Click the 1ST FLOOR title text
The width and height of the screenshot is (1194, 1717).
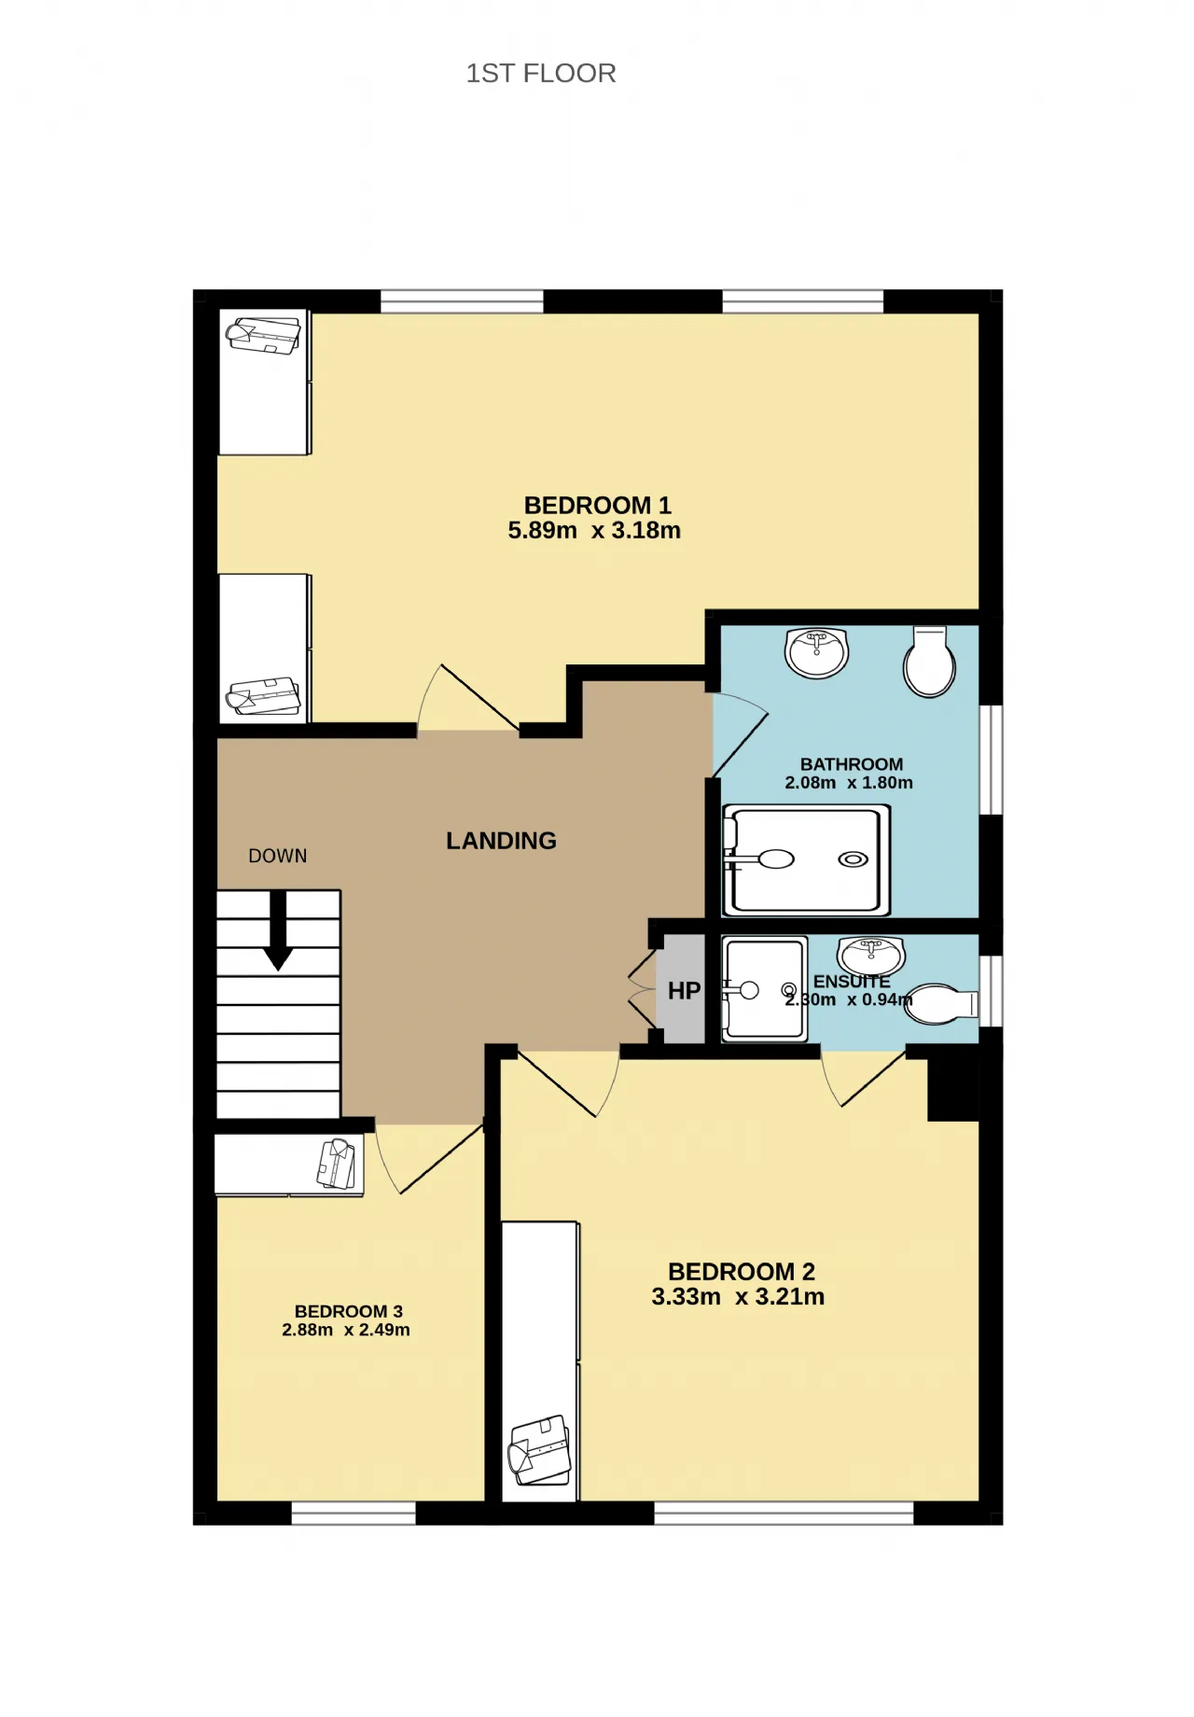[x=541, y=74]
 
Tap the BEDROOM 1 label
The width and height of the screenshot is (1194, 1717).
[x=597, y=506]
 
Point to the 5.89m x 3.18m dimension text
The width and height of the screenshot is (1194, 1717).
[x=594, y=531]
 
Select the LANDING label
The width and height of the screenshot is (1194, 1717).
[x=501, y=841]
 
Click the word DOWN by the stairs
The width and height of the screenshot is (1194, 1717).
[x=277, y=856]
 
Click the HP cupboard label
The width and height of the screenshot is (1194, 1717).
[x=684, y=991]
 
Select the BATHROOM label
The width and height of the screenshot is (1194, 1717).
[x=852, y=764]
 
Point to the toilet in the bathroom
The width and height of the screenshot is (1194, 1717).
[x=930, y=662]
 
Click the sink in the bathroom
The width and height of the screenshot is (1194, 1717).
[x=817, y=652]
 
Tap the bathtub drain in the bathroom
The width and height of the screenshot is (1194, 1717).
[x=854, y=859]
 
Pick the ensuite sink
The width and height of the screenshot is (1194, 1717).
[x=871, y=956]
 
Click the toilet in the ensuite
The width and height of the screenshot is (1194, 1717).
[x=942, y=1004]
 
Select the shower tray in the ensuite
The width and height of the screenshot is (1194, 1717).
[x=765, y=989]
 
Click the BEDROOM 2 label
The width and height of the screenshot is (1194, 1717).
[x=742, y=1272]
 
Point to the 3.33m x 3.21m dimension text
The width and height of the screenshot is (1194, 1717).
[x=738, y=1297]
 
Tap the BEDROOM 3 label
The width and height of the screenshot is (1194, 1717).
[x=349, y=1312]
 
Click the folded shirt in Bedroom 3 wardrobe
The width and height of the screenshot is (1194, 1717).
[x=338, y=1165]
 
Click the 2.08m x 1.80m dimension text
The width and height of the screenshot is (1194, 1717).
[x=849, y=783]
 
